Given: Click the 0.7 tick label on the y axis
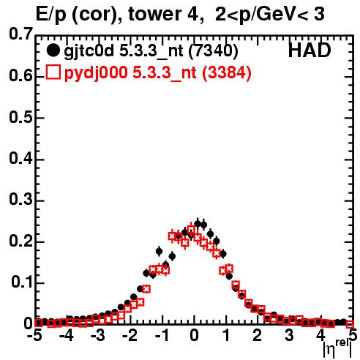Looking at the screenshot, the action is point(20,34).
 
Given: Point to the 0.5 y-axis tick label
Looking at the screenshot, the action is point(20,118).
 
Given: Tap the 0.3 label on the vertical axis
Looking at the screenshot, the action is point(20,199).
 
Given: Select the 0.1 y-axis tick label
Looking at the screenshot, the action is point(22,282).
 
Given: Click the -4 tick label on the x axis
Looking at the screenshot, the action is point(66,336).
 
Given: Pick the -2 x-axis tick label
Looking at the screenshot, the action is point(130,336).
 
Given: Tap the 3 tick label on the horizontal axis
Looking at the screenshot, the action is point(289,336).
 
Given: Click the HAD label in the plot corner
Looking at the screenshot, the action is point(310,50).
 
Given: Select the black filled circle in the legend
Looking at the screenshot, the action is point(53,50).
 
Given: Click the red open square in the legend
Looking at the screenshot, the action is point(53,72).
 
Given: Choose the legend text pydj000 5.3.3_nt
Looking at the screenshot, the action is point(130,73).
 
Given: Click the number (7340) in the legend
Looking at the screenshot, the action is point(214,51).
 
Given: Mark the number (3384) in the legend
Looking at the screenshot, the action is point(227,72).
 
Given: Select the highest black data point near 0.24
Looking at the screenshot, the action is point(198,223).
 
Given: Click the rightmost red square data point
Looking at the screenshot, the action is point(350,324).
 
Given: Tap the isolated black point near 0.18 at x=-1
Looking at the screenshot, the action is point(159,251).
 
